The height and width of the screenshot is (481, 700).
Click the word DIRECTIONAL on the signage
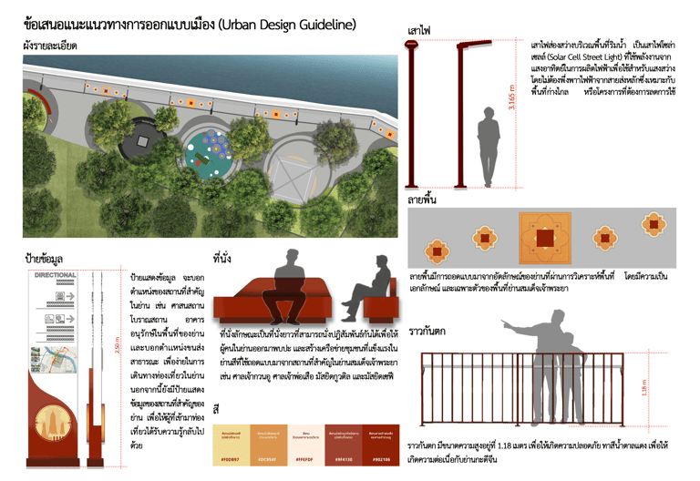pyautogui.click(x=55, y=274)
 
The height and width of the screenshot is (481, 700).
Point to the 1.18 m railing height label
pyautogui.click(x=645, y=387)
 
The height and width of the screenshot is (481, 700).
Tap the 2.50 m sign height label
pyautogui.click(x=117, y=348)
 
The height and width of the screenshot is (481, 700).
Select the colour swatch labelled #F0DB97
pyautogui.click(x=228, y=445)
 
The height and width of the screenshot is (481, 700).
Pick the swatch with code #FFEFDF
pyautogui.click(x=304, y=445)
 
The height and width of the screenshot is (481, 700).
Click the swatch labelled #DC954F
pyautogui.click(x=266, y=445)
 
